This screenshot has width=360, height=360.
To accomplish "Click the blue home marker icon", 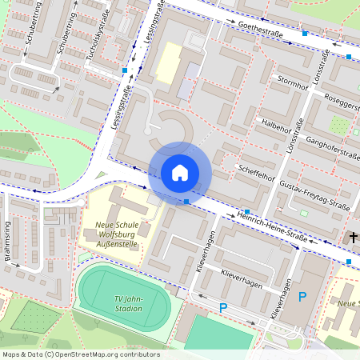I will point(180,173).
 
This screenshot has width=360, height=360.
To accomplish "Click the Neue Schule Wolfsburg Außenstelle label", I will point(117,235).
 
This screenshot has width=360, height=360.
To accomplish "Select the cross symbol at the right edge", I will point(354,238).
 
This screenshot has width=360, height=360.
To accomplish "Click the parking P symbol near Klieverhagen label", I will point(223,308).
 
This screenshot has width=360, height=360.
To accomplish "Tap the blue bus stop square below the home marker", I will point(186,202).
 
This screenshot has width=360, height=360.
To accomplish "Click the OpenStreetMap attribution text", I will point(80,354).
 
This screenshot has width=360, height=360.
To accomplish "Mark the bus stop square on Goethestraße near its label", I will point(305,34).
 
